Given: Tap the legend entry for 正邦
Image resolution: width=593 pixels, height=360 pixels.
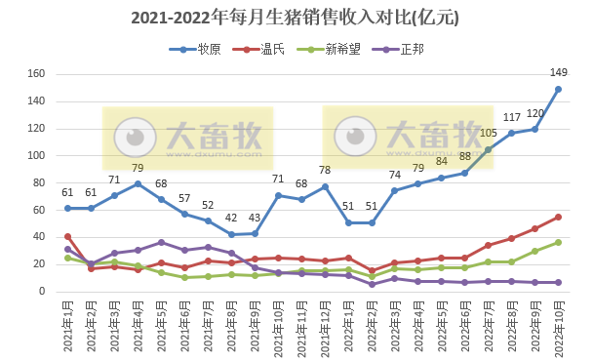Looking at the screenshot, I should click(409, 49).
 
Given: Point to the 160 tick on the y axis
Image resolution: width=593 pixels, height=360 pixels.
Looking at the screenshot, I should click(37, 74).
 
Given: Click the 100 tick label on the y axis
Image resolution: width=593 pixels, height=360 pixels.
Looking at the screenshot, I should click(37, 155).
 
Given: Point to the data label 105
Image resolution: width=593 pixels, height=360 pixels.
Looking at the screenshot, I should click(488, 133).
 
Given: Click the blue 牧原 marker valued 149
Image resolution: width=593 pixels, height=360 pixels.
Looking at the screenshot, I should click(558, 89).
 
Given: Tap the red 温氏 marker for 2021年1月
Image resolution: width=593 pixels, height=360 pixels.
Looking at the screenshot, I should click(67, 236).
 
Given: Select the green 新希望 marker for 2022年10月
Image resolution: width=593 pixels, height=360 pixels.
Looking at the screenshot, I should click(558, 242).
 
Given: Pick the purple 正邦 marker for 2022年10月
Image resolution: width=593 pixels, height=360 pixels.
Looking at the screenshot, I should click(558, 282).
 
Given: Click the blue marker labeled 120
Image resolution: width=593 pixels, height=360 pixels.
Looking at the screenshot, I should click(534, 129).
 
